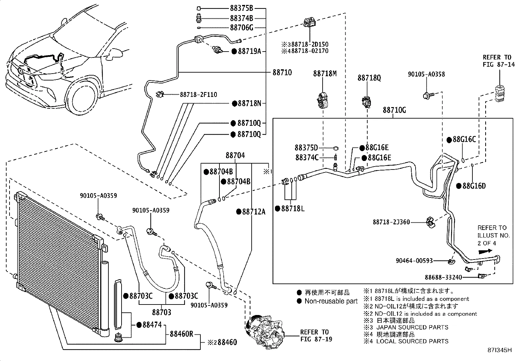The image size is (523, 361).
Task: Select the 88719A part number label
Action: click(249, 51)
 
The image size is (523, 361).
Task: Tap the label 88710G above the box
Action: click(394, 110)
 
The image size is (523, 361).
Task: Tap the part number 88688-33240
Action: click(443, 277)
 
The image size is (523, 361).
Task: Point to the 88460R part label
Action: click(181, 334)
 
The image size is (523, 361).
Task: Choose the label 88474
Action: click(152, 325)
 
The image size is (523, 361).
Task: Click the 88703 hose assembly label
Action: click(162, 312)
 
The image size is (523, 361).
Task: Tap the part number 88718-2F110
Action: click(198, 95)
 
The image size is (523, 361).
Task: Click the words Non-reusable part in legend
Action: click(330, 301)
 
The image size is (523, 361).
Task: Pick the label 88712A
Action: click(253, 212)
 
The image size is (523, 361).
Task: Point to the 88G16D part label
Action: click(473, 186)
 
